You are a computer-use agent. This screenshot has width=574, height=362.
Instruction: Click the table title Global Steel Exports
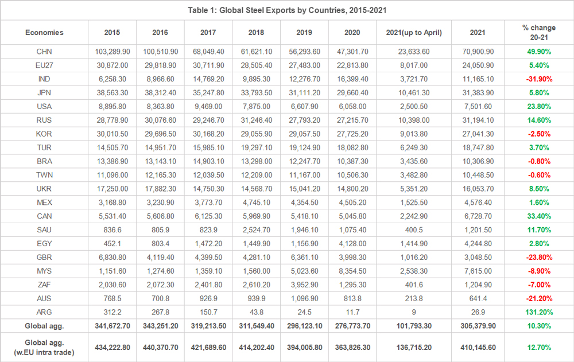pyautogui.click(x=286, y=11)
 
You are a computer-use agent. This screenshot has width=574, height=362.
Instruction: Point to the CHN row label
pyautogui.click(x=44, y=52)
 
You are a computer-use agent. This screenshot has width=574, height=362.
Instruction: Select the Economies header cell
pyautogui.click(x=44, y=33)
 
